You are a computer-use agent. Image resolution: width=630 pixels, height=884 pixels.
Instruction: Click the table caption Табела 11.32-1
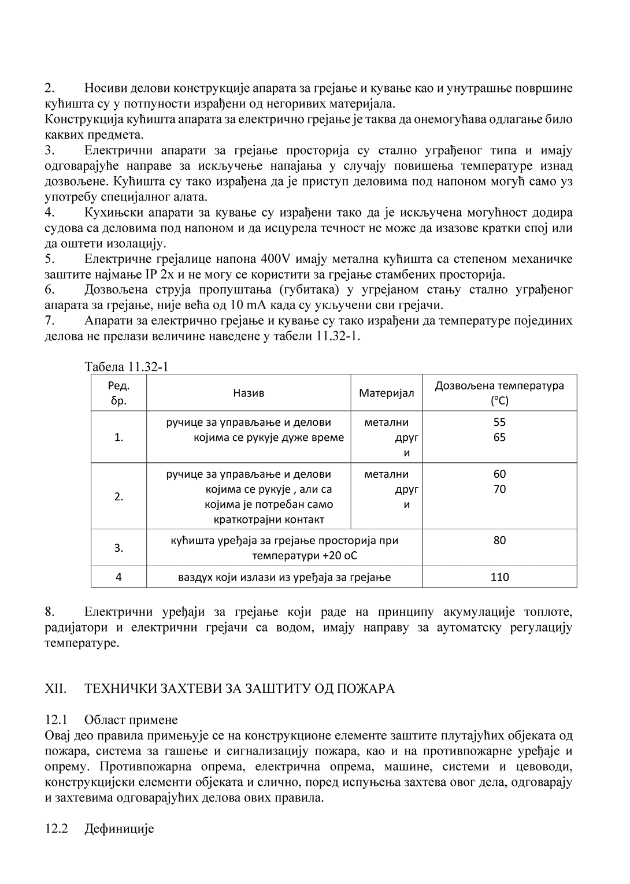tap(126, 367)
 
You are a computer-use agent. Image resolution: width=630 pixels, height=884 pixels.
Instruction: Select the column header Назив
tap(249, 393)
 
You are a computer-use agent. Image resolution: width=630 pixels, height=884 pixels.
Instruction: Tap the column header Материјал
tap(387, 393)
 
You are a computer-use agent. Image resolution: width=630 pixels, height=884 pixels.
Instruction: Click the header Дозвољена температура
tap(499, 386)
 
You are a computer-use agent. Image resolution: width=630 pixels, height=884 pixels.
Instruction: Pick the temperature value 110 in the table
tap(499, 577)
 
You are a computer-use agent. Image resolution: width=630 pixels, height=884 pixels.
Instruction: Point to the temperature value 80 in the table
tap(499, 540)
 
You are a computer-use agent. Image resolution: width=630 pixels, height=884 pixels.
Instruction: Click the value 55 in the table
tap(499, 422)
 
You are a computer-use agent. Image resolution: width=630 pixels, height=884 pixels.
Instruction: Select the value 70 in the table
tap(499, 489)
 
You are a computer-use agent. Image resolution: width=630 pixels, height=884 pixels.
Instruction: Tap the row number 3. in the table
tap(118, 548)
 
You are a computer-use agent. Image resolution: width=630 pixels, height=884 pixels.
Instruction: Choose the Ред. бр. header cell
tap(118, 393)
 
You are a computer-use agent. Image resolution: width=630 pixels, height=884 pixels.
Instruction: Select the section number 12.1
tap(56, 720)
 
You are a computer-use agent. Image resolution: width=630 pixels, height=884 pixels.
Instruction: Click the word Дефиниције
tap(119, 829)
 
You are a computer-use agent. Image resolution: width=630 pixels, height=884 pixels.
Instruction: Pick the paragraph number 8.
tap(50, 612)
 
